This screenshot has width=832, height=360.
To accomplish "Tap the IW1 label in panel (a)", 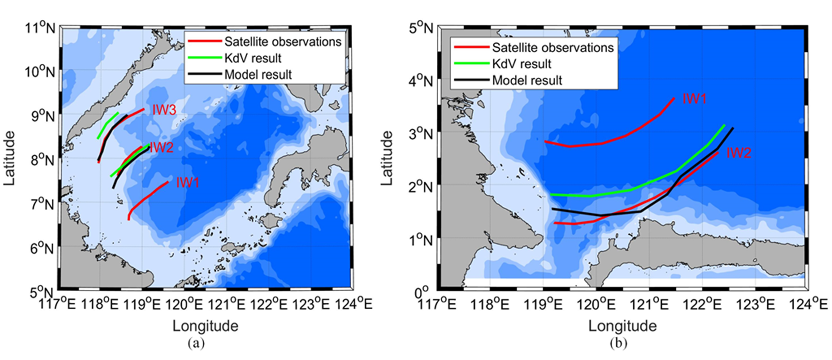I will [187, 183].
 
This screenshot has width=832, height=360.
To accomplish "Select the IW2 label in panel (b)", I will [738, 153].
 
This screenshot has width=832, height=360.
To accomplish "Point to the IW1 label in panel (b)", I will [694, 98].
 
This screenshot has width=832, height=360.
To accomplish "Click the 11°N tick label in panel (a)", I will [40, 29].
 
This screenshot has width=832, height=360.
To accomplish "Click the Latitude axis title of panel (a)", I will [9, 159].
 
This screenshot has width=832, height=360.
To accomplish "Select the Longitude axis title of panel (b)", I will [622, 326].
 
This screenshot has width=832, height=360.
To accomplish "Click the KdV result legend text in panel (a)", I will [252, 58].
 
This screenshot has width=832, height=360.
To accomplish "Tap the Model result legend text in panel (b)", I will [527, 80].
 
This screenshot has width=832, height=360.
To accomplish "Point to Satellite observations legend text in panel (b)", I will [553, 48].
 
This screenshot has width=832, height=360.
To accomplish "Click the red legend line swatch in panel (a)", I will [204, 42].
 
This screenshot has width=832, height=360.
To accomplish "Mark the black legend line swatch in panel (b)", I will [471, 80].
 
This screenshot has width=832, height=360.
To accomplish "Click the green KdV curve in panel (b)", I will [633, 189].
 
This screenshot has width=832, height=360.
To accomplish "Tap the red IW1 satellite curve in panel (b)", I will [601, 143].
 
